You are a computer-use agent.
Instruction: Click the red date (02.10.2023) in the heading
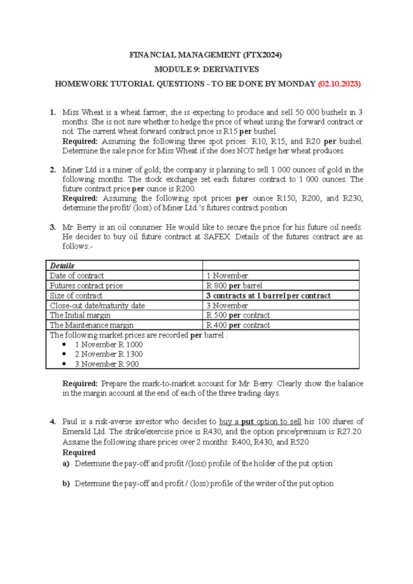tap(339, 84)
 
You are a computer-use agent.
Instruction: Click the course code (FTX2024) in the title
tap(262, 55)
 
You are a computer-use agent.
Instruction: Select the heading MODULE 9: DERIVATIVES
tap(206, 69)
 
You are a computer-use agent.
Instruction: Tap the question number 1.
tap(52, 112)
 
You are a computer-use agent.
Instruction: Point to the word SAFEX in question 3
tap(217, 237)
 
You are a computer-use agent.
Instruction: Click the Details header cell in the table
tap(62, 266)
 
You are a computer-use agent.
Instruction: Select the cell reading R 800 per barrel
tap(234, 285)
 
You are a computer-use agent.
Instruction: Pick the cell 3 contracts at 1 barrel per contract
tap(268, 295)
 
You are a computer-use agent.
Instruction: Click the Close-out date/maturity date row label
tap(97, 305)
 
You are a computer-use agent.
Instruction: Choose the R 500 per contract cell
tap(238, 315)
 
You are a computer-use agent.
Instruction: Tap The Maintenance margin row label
tap(92, 325)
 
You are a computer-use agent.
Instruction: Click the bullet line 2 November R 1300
tap(108, 354)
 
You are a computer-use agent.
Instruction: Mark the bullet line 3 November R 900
tap(107, 364)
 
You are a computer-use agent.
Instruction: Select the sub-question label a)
tap(66, 464)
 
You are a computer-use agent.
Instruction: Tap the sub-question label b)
tap(66, 484)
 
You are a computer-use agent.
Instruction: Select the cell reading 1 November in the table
tap(227, 275)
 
